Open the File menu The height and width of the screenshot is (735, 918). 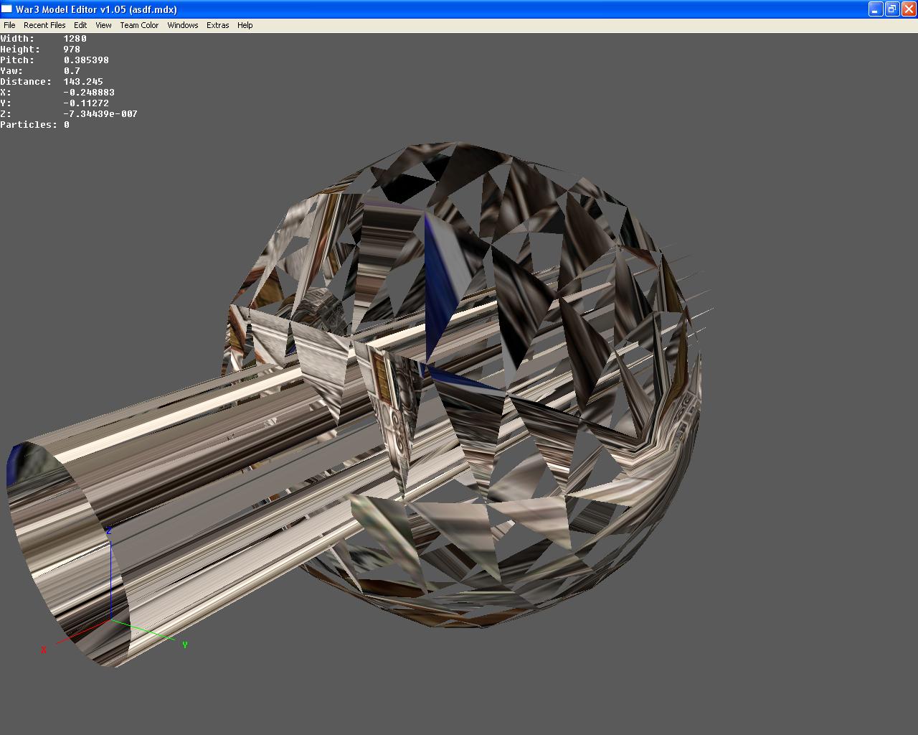(x=9, y=25)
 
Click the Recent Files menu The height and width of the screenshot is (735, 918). (x=44, y=25)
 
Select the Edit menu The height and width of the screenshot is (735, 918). (x=80, y=25)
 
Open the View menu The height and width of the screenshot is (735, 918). (x=104, y=25)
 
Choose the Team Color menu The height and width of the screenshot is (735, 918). (x=139, y=25)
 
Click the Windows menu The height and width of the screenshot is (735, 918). (x=183, y=25)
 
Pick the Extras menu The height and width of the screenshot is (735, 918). (x=217, y=25)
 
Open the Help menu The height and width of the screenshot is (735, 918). (x=245, y=25)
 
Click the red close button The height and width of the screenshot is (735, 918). (x=909, y=9)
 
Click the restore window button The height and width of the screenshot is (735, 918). (x=892, y=9)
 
